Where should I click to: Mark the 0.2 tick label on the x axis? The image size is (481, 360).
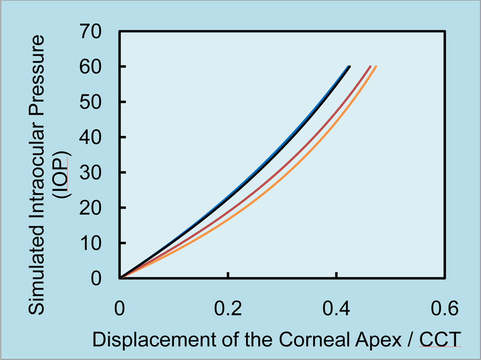[x=228, y=308]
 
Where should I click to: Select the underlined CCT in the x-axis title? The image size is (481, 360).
[x=440, y=339]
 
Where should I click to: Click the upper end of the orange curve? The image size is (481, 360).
[x=376, y=66]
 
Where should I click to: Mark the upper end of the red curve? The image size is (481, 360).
[x=370, y=66]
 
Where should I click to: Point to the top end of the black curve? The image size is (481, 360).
[x=350, y=66]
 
